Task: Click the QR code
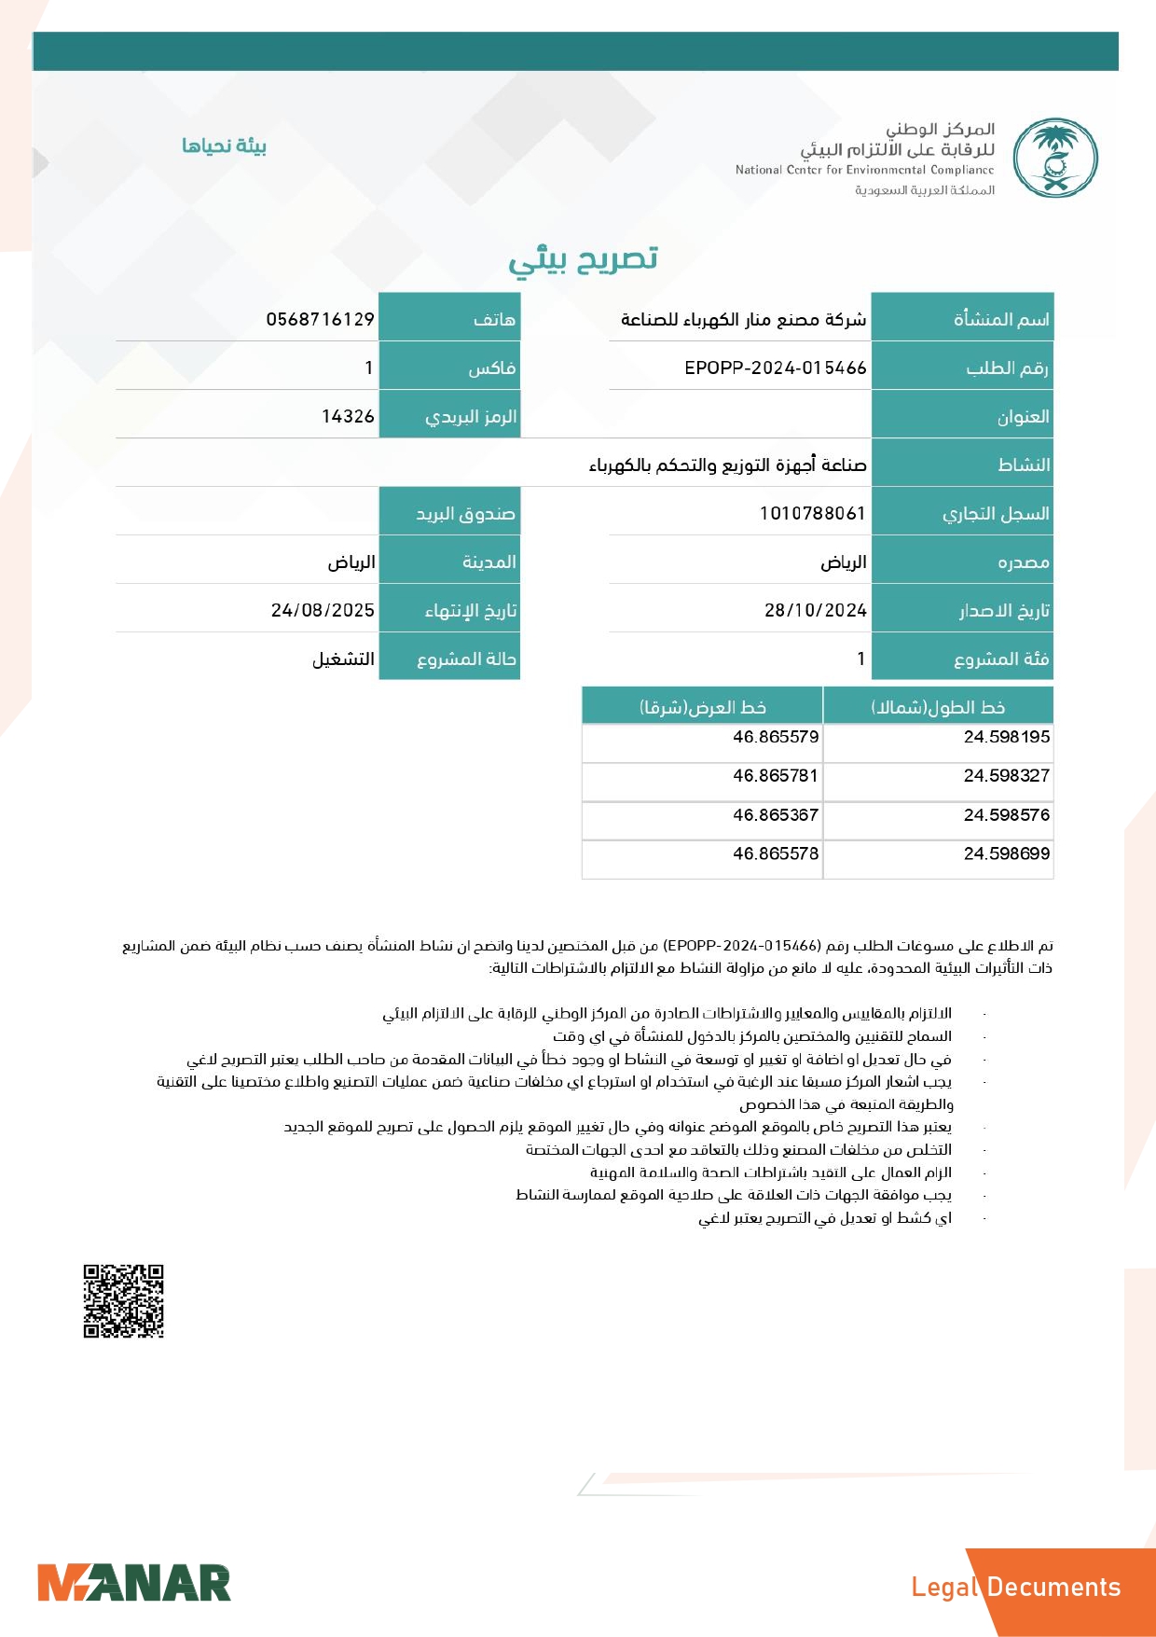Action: [123, 1300]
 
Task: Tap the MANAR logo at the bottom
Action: [133, 1583]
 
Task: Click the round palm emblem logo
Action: [1055, 158]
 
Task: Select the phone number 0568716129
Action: [320, 319]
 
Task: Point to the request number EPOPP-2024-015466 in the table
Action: [775, 368]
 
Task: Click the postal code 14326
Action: [348, 416]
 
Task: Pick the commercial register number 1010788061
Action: [812, 513]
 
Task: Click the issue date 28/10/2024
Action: [815, 610]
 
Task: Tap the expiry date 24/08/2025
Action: [323, 610]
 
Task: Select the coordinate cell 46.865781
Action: [775, 775]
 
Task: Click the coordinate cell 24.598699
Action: [1006, 853]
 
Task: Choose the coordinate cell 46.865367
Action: [775, 814]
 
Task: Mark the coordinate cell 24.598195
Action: [1006, 737]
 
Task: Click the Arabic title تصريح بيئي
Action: [584, 258]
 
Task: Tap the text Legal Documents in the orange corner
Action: [1015, 1587]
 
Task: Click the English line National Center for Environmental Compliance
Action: [864, 170]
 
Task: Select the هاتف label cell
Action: [449, 319]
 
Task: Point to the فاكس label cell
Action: [449, 368]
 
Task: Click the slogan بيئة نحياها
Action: [224, 146]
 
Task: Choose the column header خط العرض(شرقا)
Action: [702, 707]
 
